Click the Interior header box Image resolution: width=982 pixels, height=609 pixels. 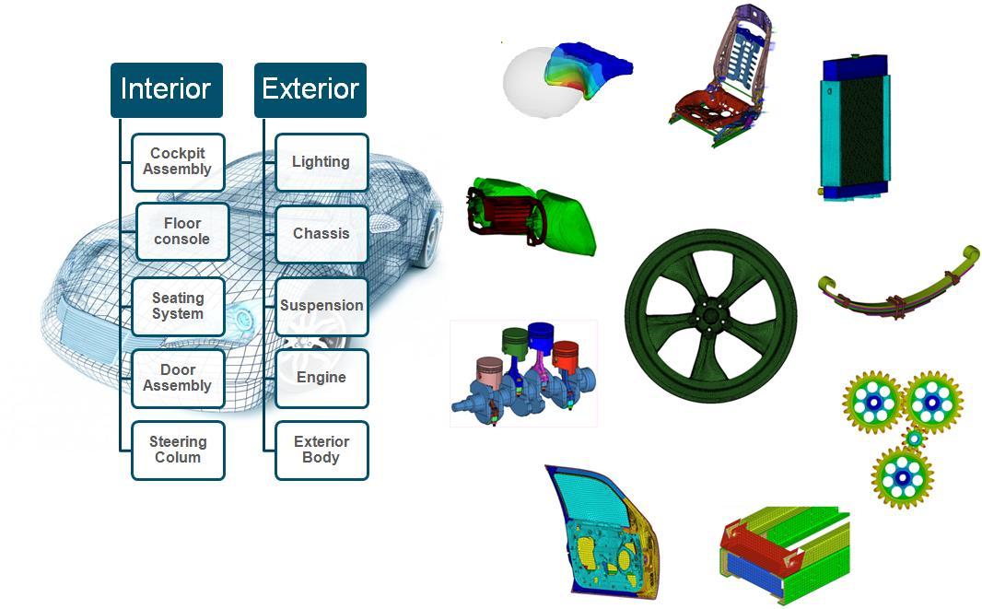tap(166, 89)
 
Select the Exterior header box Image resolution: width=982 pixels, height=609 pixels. tap(310, 89)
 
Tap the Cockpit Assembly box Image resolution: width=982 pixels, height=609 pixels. tap(177, 161)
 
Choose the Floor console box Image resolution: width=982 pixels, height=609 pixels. tap(181, 231)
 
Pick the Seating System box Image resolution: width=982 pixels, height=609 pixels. tap(178, 306)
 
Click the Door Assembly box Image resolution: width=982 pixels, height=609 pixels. tap(178, 378)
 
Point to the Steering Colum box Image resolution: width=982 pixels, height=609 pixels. tap(178, 450)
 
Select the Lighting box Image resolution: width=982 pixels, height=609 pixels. tap(321, 161)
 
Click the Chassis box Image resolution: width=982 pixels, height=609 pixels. tap(321, 233)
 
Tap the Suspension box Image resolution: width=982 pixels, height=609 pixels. tap(321, 305)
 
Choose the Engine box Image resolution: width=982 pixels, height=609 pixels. tap(321, 377)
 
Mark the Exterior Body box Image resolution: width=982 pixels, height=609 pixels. tap(321, 450)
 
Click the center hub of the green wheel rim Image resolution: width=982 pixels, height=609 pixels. tap(710, 316)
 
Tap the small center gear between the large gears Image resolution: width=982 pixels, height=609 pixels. tap(913, 439)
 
